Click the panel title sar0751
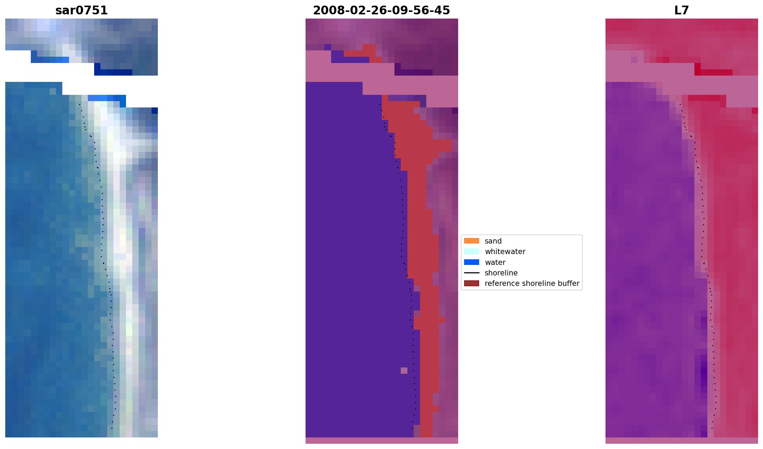(x=82, y=10)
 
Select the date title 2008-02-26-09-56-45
(x=381, y=10)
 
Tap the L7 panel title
(x=681, y=10)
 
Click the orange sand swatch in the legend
(x=471, y=241)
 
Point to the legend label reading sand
(x=493, y=241)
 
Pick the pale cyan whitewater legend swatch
(x=471, y=251)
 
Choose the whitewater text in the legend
(x=505, y=252)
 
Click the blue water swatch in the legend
(x=471, y=262)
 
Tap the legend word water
(x=495, y=262)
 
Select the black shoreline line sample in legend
(x=471, y=273)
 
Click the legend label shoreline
(x=501, y=273)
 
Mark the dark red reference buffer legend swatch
(x=471, y=283)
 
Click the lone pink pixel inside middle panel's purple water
(x=404, y=371)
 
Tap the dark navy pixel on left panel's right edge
(x=154, y=111)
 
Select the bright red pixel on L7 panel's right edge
(x=755, y=111)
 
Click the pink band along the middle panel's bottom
(x=381, y=441)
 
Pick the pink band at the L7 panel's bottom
(x=681, y=441)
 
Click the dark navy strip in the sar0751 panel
(x=113, y=72)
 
